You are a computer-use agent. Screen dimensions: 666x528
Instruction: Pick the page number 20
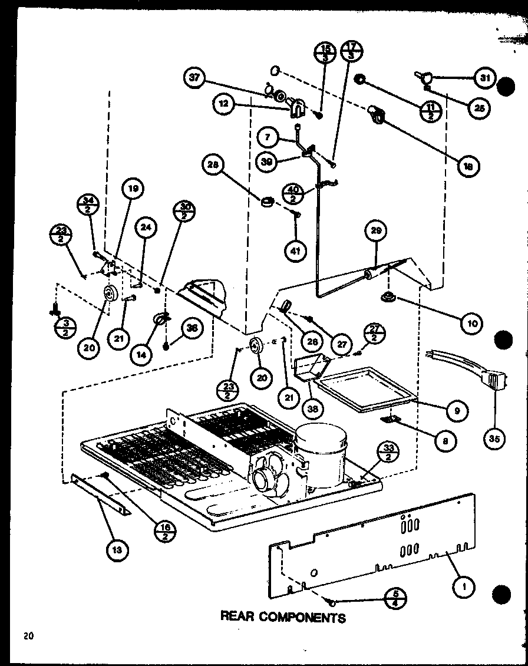point(28,635)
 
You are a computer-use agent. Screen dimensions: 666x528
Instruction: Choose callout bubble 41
point(295,250)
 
